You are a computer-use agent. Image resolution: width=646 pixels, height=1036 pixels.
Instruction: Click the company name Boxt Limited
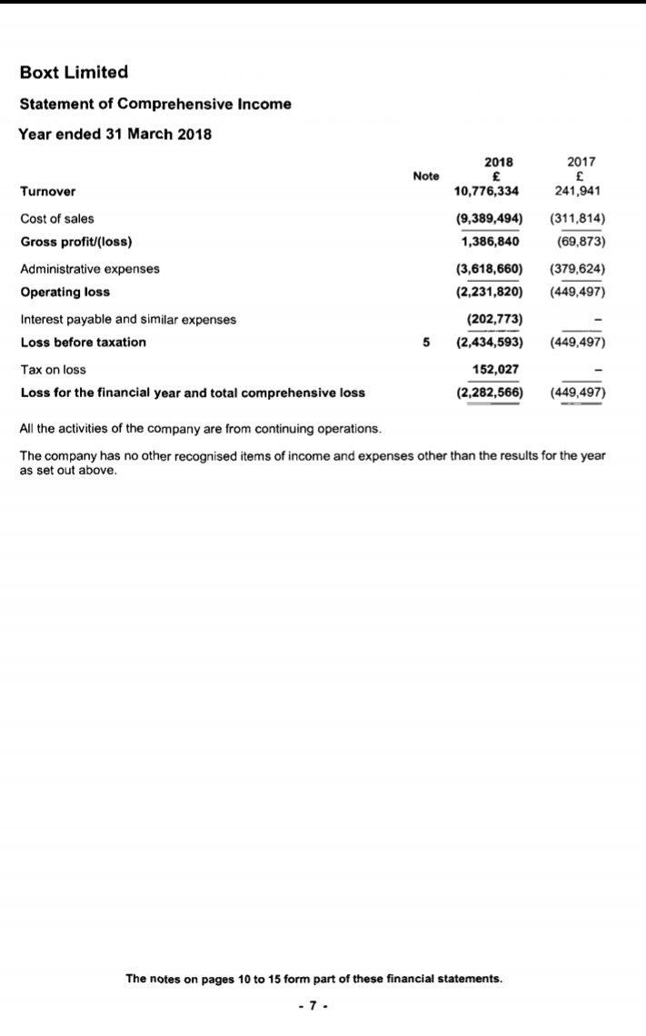(75, 72)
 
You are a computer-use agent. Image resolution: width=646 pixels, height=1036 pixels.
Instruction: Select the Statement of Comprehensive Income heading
(155, 104)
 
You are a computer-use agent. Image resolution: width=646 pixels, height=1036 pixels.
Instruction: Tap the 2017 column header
(580, 162)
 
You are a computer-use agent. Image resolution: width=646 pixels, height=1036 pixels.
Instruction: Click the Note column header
(425, 175)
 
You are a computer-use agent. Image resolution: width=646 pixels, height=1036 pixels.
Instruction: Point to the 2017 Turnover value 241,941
(580, 191)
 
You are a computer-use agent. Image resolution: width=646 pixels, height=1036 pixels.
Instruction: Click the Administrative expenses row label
(90, 269)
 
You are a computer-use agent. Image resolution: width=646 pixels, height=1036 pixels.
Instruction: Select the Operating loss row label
(65, 292)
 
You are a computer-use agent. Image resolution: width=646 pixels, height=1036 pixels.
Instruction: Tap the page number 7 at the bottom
(313, 1006)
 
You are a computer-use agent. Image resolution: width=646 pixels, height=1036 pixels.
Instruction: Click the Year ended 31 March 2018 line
(114, 134)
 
